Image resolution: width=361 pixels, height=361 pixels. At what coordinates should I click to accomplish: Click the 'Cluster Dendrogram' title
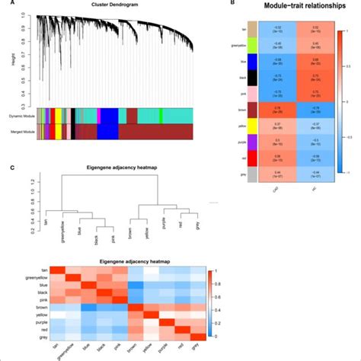(115, 5)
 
